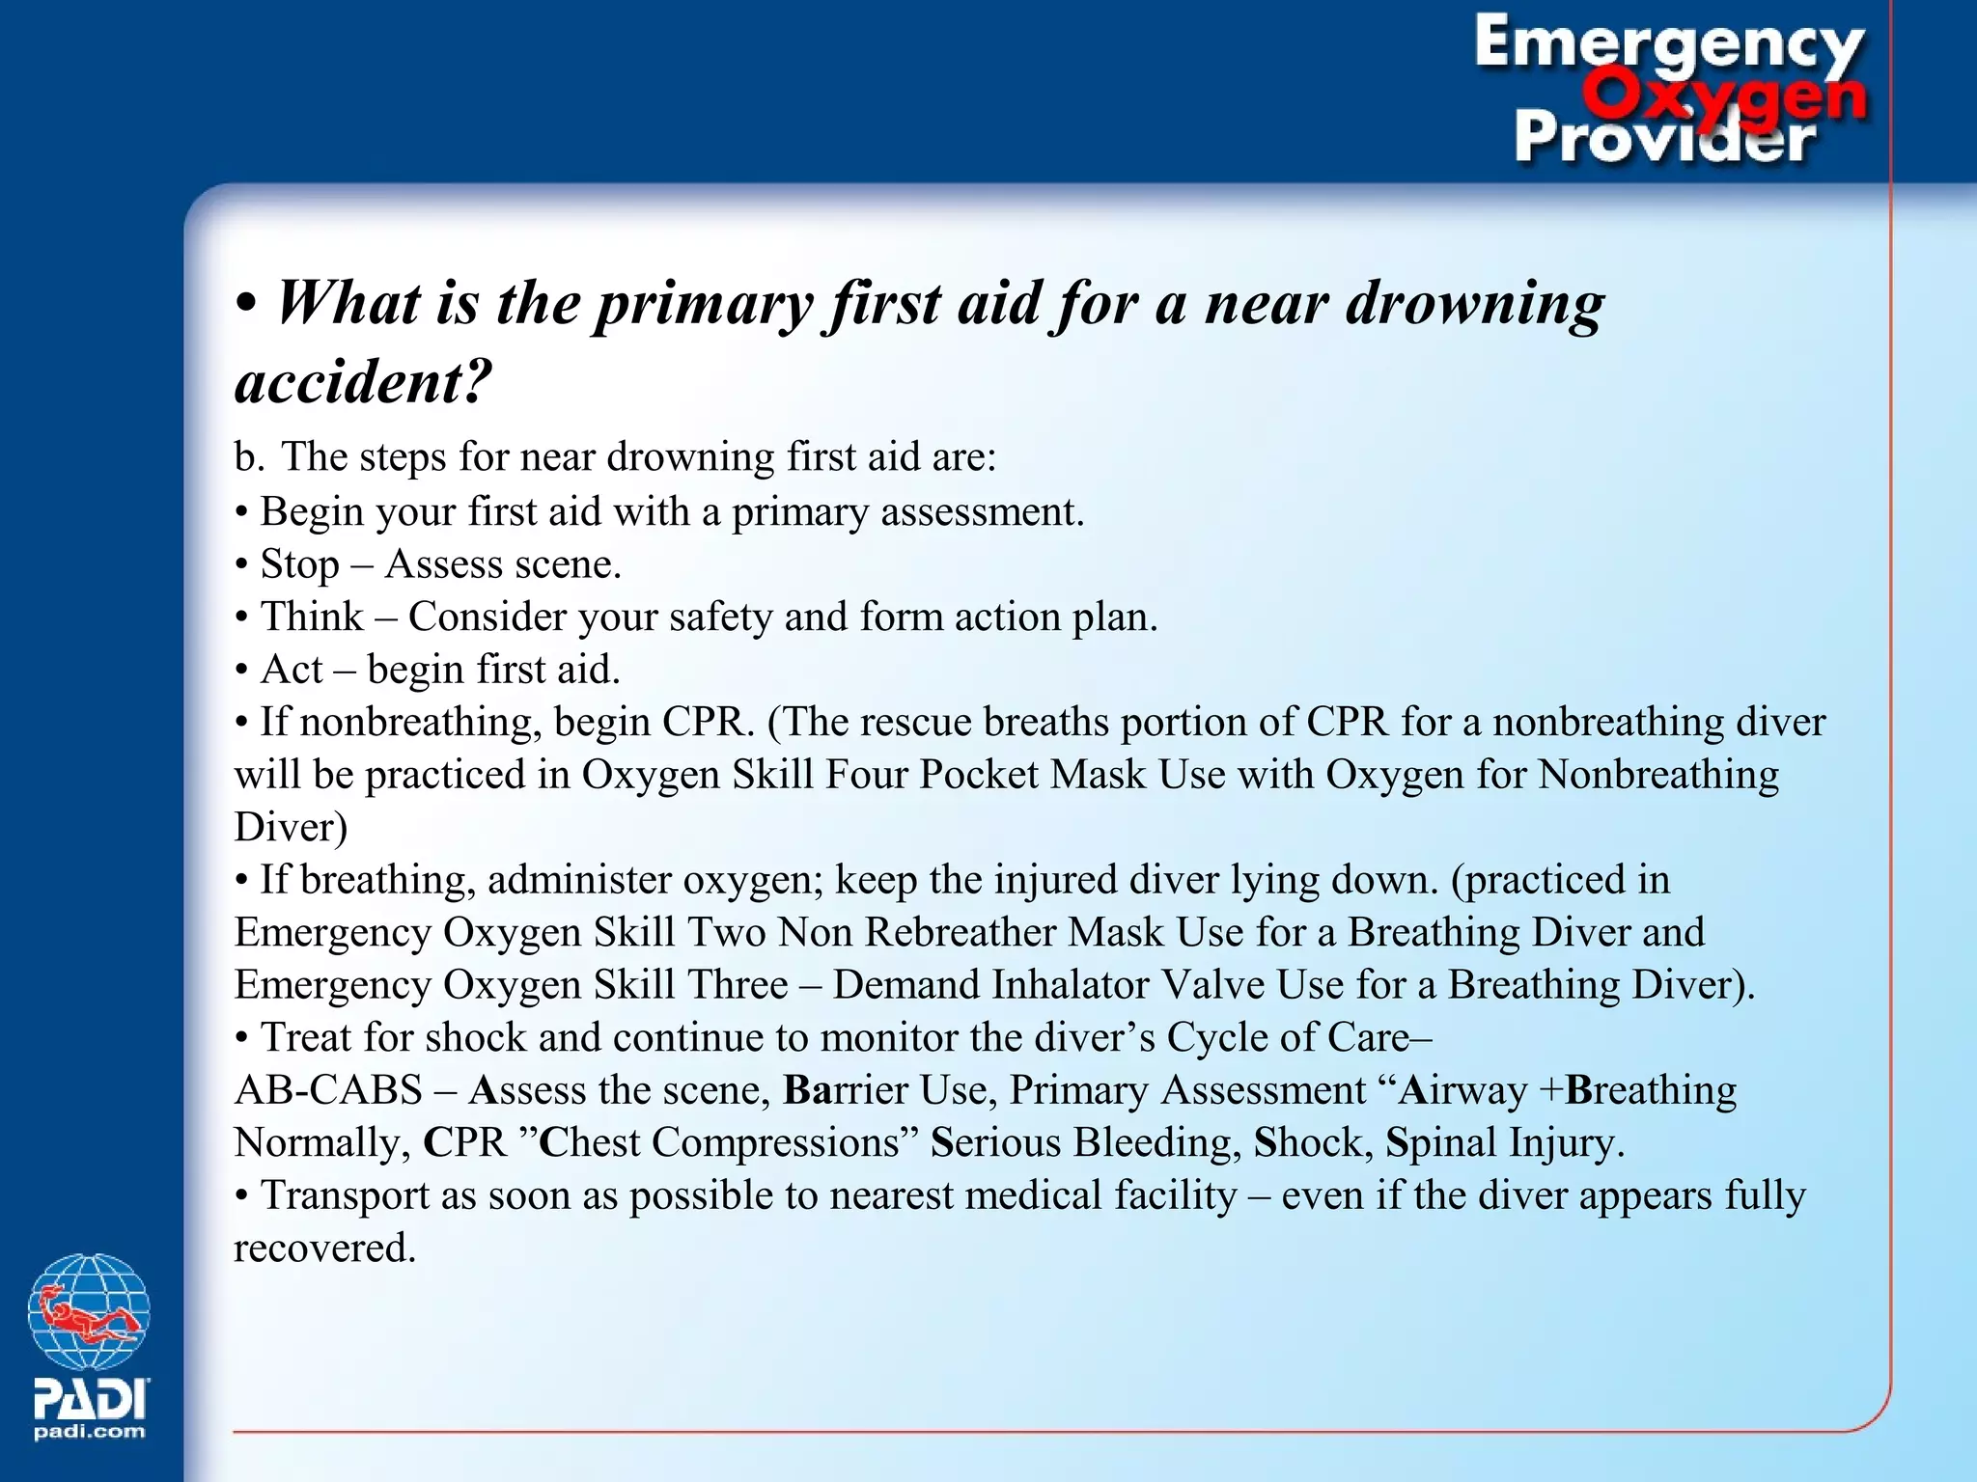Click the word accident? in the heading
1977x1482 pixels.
(x=363, y=381)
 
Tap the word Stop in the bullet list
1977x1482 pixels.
(x=299, y=564)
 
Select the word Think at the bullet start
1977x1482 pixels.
(x=312, y=617)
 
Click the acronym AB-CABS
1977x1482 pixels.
(x=328, y=1090)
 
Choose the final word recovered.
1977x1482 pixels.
(x=324, y=1249)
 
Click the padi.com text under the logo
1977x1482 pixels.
(x=90, y=1432)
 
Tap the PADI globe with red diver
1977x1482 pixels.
(x=89, y=1312)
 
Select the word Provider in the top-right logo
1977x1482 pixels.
(x=1664, y=138)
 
